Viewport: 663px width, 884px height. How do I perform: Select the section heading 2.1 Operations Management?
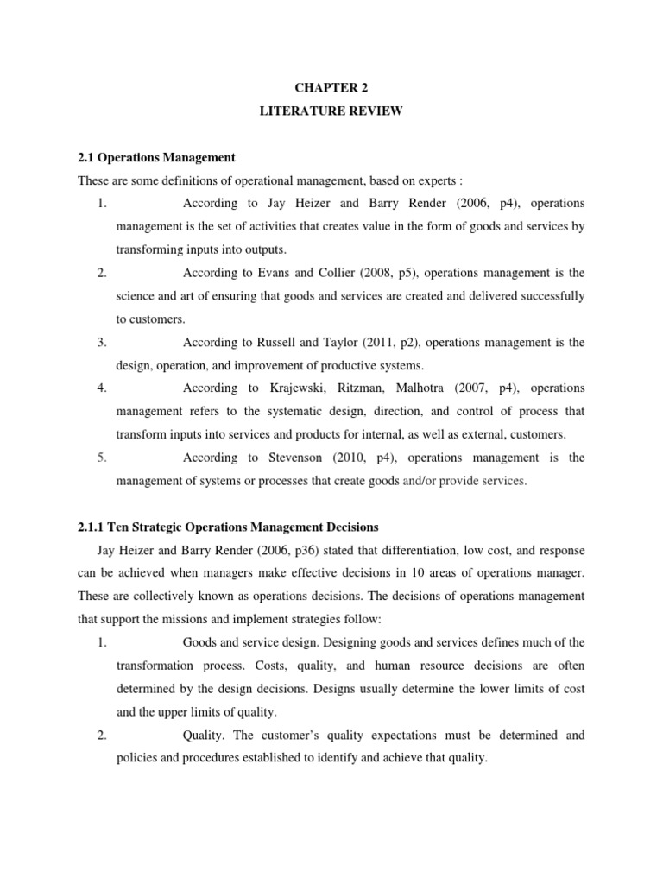(156, 157)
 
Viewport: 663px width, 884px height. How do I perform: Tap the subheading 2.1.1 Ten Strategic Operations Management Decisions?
(228, 527)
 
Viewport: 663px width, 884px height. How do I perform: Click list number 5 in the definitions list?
(102, 458)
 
